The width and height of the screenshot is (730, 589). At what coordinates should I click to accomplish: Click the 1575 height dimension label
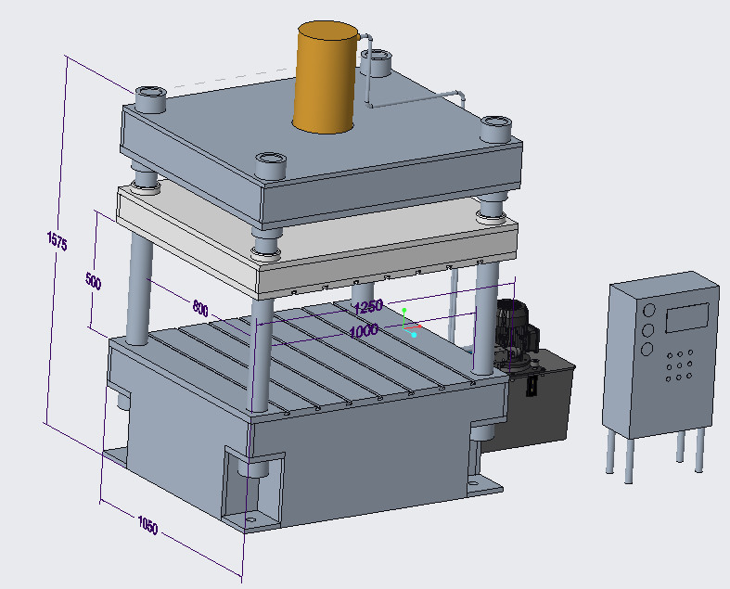58,240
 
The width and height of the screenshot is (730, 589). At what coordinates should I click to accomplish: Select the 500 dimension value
93,281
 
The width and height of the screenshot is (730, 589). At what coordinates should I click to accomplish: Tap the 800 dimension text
200,308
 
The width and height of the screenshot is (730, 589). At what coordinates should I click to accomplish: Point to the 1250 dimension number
368,307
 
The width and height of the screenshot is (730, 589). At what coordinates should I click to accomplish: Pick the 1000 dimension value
364,331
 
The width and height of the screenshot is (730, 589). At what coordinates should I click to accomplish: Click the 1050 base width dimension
148,525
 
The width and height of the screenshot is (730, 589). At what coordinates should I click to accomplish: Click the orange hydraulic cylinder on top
326,77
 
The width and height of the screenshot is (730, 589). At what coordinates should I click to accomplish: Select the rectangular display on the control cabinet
687,317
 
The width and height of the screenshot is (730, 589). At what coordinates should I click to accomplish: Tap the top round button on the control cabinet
648,310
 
